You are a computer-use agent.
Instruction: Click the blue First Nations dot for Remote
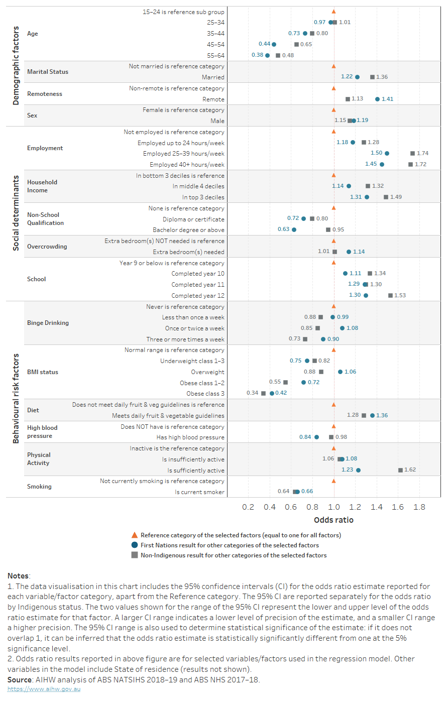(x=377, y=99)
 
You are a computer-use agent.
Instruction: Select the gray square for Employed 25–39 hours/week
(x=412, y=154)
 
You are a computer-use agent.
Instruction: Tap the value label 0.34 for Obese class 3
(x=252, y=393)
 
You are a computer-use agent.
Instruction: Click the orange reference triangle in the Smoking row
(x=333, y=481)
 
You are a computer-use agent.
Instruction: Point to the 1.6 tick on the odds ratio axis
(x=398, y=507)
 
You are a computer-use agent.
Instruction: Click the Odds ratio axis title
(x=333, y=520)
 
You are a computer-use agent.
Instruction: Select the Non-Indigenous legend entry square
(x=134, y=555)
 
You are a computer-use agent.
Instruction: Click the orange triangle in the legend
(x=134, y=535)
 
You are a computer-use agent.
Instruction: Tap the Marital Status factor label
(x=48, y=72)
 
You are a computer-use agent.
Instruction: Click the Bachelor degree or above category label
(x=188, y=230)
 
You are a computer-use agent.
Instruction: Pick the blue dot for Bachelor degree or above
(x=294, y=229)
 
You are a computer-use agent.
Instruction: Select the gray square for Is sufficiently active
(x=400, y=470)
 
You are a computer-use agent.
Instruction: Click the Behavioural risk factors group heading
(x=16, y=399)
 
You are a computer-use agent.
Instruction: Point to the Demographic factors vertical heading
(x=16, y=65)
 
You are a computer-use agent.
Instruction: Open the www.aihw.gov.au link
(x=44, y=689)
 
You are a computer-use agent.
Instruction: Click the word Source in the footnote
(x=20, y=680)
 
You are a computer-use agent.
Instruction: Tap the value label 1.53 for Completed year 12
(x=400, y=295)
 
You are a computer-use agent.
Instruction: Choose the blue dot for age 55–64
(x=267, y=55)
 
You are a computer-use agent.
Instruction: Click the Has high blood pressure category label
(x=190, y=437)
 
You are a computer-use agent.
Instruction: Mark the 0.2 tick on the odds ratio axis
(x=248, y=507)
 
